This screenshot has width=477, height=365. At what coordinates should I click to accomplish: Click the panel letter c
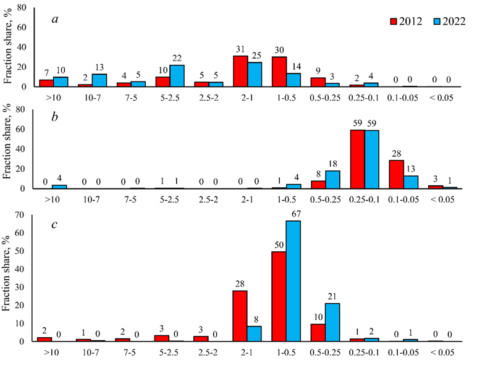[54, 224]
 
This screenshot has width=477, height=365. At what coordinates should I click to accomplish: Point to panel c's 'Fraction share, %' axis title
[8, 279]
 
